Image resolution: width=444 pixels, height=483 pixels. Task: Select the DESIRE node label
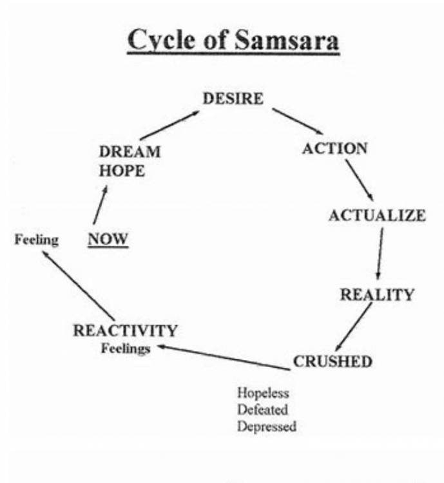click(x=233, y=99)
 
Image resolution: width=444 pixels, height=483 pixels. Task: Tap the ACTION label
click(x=334, y=148)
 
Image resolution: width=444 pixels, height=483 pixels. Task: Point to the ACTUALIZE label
click(x=376, y=215)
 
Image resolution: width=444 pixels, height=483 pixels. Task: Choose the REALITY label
click(x=377, y=295)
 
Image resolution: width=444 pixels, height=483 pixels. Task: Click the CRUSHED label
click(x=333, y=361)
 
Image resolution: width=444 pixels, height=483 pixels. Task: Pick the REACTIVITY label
click(x=125, y=331)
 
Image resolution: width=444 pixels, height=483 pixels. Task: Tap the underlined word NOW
click(x=108, y=240)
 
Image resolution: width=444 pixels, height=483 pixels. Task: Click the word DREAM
click(x=130, y=153)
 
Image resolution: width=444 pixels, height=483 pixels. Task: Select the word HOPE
click(x=122, y=171)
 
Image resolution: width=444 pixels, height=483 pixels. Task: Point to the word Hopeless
click(x=263, y=393)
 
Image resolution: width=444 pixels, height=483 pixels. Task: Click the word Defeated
click(x=262, y=410)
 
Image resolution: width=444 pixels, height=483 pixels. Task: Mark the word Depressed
click(x=267, y=426)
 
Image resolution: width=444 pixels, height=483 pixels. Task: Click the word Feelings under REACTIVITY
click(x=125, y=348)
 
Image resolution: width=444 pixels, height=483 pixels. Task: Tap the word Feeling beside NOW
click(x=36, y=240)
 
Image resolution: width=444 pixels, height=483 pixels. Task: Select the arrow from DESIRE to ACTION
click(x=297, y=121)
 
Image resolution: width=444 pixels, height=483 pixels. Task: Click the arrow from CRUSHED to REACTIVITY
click(x=222, y=357)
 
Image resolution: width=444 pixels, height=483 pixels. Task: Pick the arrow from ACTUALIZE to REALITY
click(x=380, y=254)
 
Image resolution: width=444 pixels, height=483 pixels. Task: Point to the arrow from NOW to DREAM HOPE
click(x=99, y=204)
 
